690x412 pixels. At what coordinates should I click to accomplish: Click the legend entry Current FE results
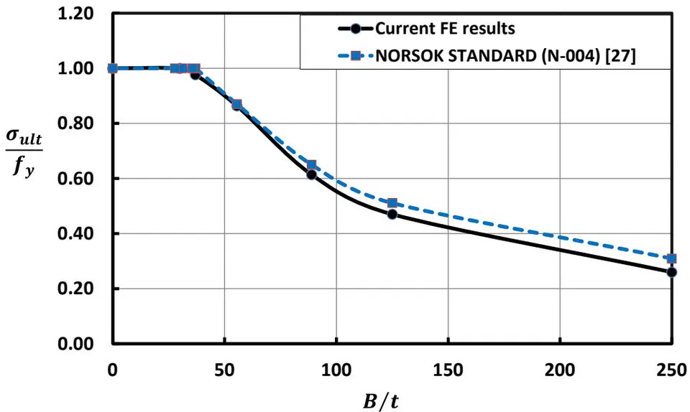pyautogui.click(x=445, y=29)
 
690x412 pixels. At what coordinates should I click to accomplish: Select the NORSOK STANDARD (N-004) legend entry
pyautogui.click(x=505, y=56)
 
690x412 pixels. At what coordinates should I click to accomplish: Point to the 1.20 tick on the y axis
pyautogui.click(x=75, y=14)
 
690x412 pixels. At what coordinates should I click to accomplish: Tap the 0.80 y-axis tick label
pyautogui.click(x=75, y=123)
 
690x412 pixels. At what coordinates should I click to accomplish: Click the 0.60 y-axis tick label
pyautogui.click(x=75, y=179)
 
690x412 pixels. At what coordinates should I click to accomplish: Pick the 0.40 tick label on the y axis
pyautogui.click(x=75, y=234)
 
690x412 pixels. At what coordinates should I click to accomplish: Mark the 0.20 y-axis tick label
pyautogui.click(x=75, y=289)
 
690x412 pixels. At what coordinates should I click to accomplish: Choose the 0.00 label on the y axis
pyautogui.click(x=75, y=344)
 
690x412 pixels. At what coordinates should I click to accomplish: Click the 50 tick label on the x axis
pyautogui.click(x=224, y=370)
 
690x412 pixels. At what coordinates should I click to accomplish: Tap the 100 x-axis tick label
pyautogui.click(x=336, y=370)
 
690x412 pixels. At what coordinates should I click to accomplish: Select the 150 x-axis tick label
pyautogui.click(x=448, y=370)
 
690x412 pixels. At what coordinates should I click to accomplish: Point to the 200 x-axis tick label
pyautogui.click(x=560, y=370)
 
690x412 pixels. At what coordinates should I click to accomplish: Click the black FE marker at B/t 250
pyautogui.click(x=671, y=272)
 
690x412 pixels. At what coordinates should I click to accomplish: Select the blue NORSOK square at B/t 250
pyautogui.click(x=671, y=258)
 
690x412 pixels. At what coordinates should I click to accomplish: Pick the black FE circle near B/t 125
pyautogui.click(x=392, y=215)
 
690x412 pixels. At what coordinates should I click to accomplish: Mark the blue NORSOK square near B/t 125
pyautogui.click(x=392, y=203)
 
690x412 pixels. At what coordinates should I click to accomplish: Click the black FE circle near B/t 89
pyautogui.click(x=311, y=174)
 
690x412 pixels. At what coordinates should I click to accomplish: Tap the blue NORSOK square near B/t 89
pyautogui.click(x=311, y=165)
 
